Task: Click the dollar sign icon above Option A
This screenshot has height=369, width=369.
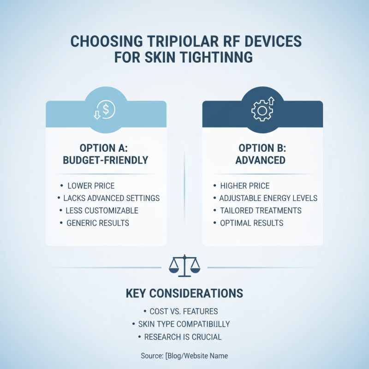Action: pyautogui.click(x=106, y=109)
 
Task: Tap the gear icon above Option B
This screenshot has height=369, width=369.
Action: pyautogui.click(x=262, y=109)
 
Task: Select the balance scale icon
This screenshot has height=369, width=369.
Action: pyautogui.click(x=184, y=266)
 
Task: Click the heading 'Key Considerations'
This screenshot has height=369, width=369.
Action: pyautogui.click(x=184, y=293)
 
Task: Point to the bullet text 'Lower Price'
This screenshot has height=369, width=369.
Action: pyautogui.click(x=91, y=186)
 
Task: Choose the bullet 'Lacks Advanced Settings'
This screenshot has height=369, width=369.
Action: pyautogui.click(x=111, y=198)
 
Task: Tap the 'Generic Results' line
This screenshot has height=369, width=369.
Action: pyautogui.click(x=98, y=223)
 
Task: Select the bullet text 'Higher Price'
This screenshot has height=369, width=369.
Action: pyautogui.click(x=245, y=186)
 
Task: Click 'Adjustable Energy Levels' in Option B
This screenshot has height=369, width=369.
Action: pyautogui.click(x=268, y=198)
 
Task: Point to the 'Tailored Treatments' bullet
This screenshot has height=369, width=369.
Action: pyautogui.click(x=261, y=211)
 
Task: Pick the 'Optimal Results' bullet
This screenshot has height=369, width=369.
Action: pyautogui.click(x=251, y=223)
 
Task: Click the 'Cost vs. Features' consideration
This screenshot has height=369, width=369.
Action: pyautogui.click(x=184, y=311)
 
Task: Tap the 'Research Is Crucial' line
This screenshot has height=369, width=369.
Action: pyautogui.click(x=183, y=337)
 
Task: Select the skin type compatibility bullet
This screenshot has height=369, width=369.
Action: pyautogui.click(x=184, y=324)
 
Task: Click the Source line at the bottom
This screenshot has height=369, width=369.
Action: pyautogui.click(x=184, y=356)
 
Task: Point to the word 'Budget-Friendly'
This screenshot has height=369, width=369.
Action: pyautogui.click(x=106, y=161)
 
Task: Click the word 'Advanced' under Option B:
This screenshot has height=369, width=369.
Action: pyautogui.click(x=262, y=161)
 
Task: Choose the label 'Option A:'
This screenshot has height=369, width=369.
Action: pyautogui.click(x=106, y=149)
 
